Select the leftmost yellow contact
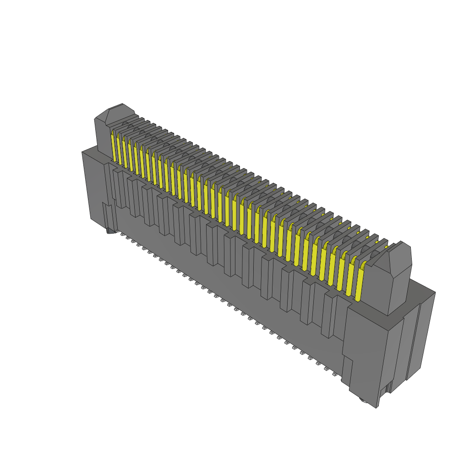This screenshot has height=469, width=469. (113, 147)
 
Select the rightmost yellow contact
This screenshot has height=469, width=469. (359, 284)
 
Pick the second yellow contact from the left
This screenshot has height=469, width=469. (119, 150)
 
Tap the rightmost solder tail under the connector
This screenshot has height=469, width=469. (335, 374)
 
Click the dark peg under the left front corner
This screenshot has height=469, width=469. (110, 231)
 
